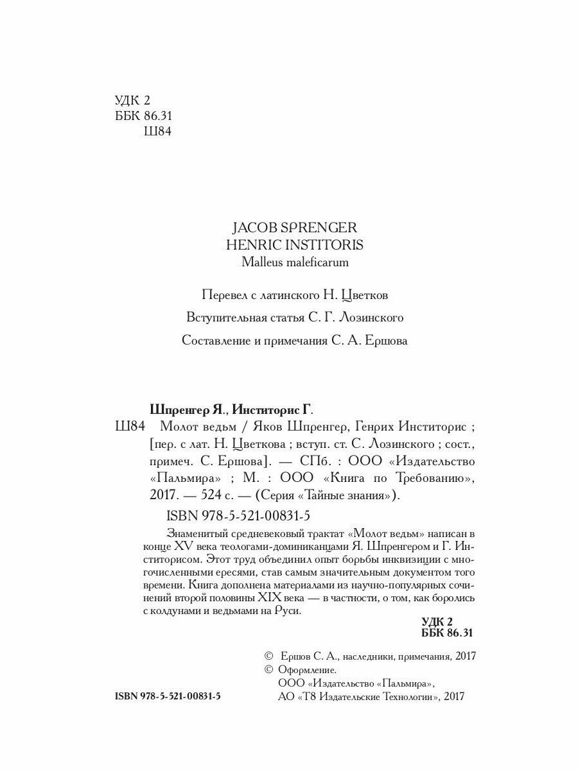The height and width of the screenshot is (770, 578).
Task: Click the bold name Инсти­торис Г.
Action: click(276, 409)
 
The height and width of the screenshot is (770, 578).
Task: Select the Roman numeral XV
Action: click(186, 545)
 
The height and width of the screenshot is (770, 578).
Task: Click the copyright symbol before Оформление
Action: click(268, 669)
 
